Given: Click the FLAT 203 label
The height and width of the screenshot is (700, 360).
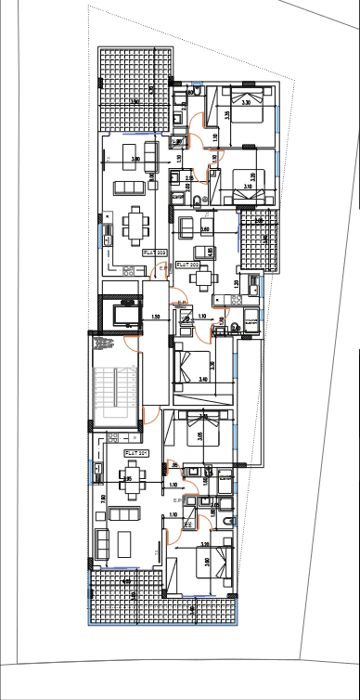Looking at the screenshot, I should point(154,251).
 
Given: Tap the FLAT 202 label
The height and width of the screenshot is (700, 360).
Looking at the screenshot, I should point(188,264).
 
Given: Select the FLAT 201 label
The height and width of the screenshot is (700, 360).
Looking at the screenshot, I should point(136,452).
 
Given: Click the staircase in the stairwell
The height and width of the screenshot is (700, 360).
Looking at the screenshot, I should point(117,389).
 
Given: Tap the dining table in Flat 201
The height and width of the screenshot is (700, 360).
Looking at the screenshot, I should point(128,480).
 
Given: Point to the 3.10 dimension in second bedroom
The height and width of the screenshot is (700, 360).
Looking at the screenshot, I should point(246,188).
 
